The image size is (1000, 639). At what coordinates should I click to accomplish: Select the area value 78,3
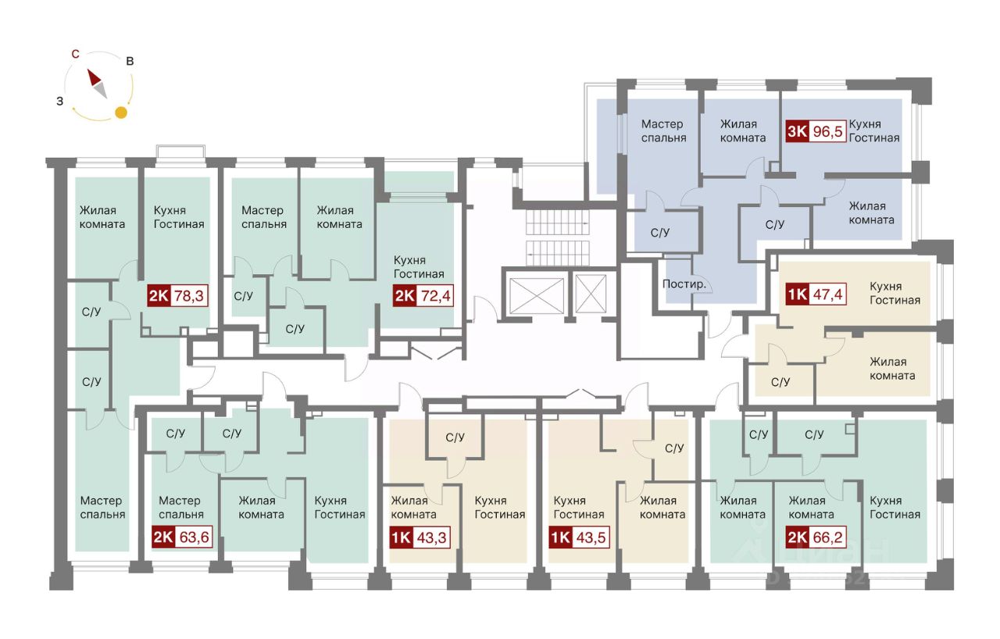(x=191, y=296)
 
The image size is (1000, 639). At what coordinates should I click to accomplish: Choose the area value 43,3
(x=434, y=538)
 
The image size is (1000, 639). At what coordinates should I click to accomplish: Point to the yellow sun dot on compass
(x=121, y=112)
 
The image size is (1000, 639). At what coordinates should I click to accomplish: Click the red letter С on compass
(x=75, y=54)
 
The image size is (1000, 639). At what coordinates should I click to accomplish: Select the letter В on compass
(x=130, y=61)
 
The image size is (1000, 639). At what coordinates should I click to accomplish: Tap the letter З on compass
(x=59, y=101)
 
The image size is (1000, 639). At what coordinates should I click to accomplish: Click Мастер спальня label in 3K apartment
(x=663, y=130)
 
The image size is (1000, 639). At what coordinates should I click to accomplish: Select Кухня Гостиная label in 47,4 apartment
(x=895, y=293)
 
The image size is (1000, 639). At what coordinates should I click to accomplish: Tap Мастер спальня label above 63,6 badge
(x=180, y=507)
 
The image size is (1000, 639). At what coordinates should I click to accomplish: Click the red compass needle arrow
(x=95, y=78)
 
